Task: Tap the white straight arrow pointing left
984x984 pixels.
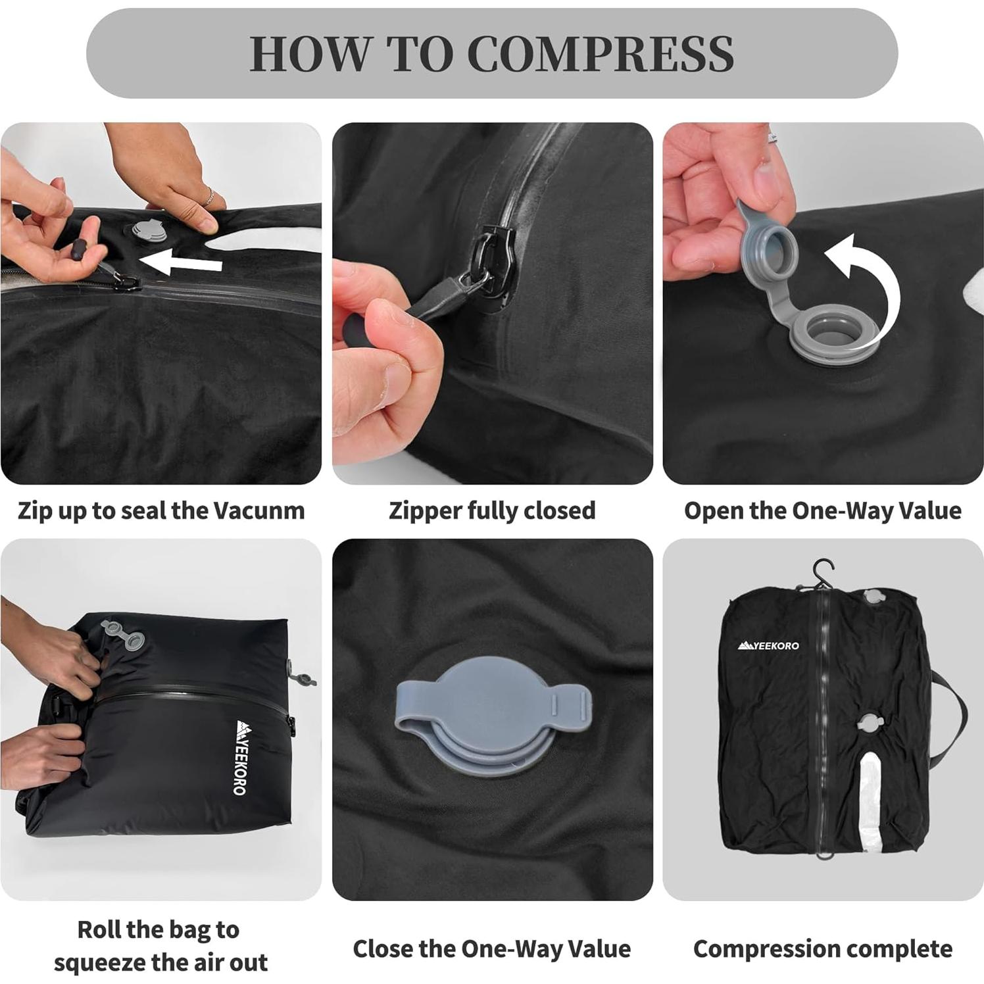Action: coord(181,264)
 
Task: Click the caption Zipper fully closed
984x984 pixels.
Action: coord(492,511)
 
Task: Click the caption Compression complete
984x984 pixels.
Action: coord(822,949)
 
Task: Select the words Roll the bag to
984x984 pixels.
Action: coord(159,929)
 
